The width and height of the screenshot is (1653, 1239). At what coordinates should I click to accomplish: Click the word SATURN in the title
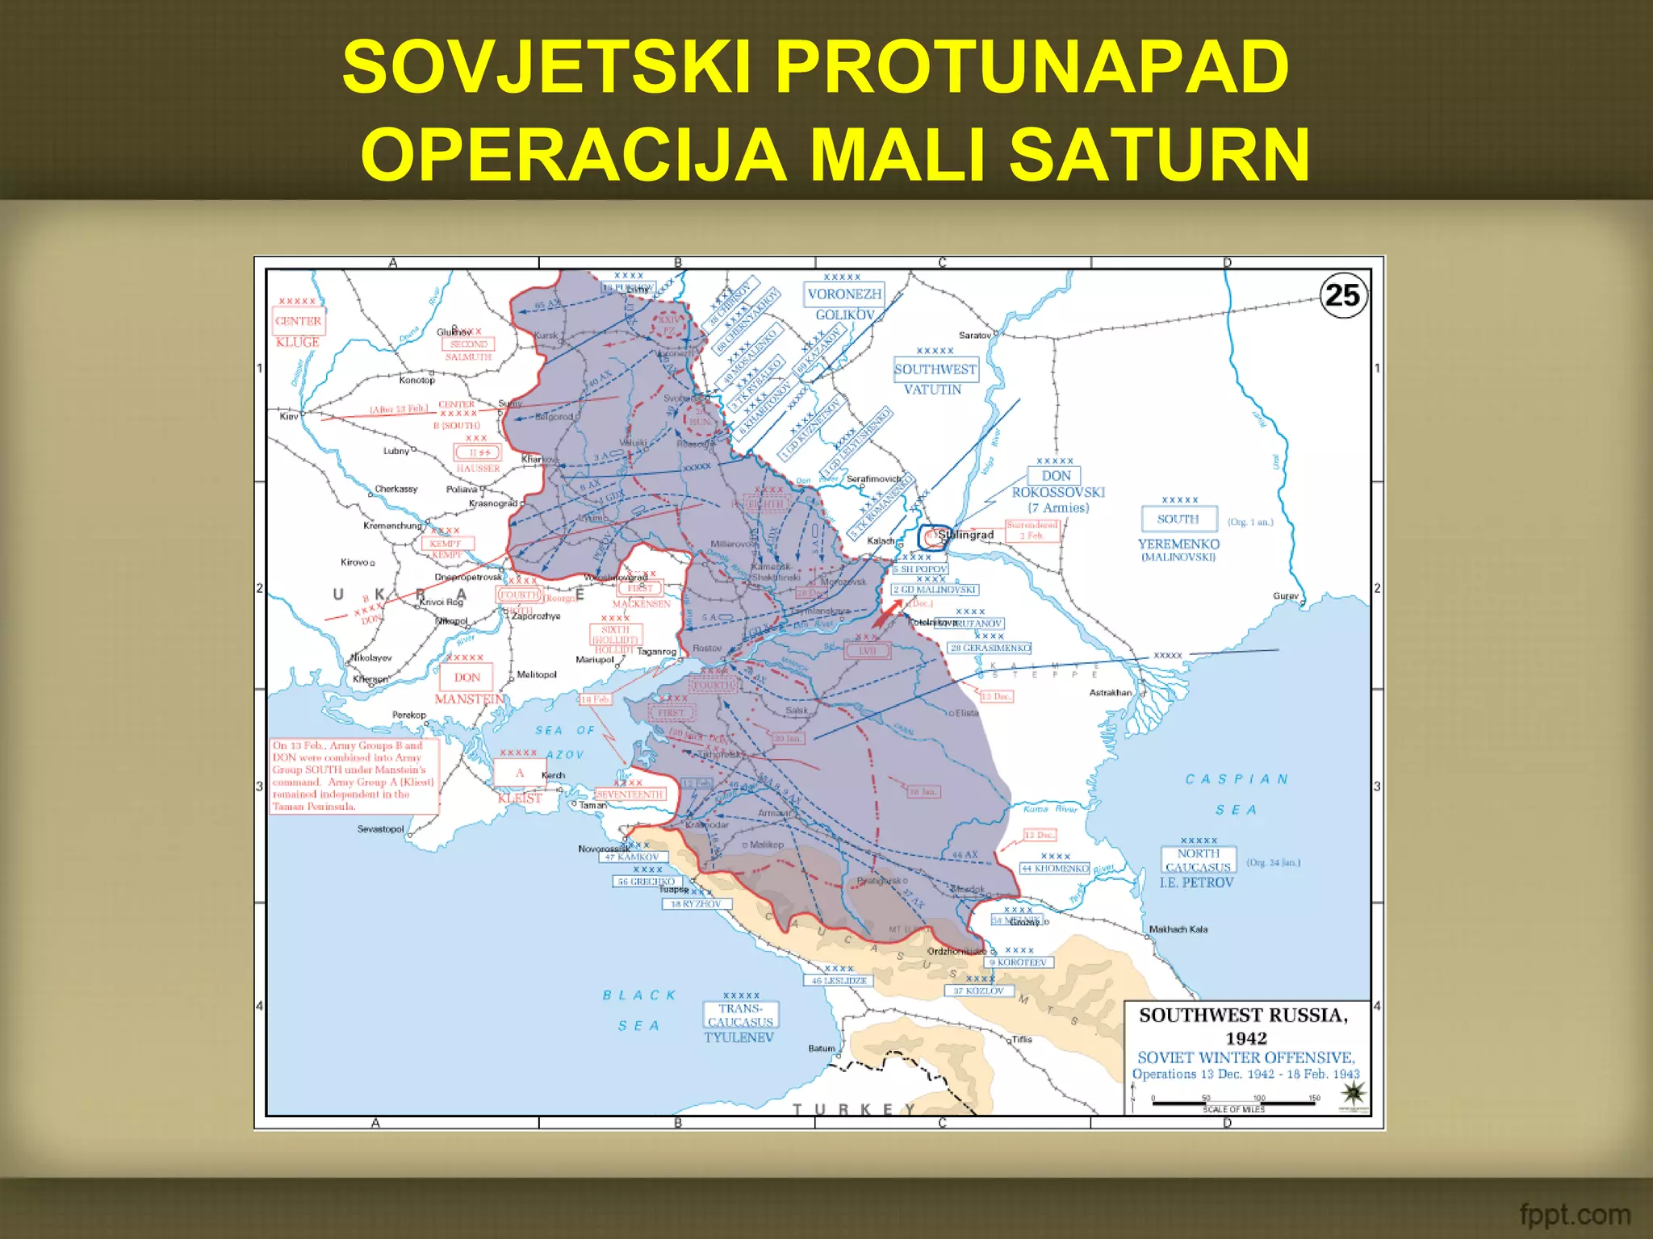click(1159, 155)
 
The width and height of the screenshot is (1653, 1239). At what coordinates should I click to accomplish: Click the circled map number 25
click(1343, 296)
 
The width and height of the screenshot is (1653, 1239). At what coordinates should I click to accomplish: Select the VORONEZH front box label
click(844, 294)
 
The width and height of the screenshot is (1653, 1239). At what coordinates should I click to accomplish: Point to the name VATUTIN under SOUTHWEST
click(932, 390)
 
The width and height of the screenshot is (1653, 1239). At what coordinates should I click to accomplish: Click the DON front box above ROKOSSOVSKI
click(1056, 476)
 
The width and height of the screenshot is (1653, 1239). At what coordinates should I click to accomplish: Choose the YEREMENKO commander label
click(1178, 544)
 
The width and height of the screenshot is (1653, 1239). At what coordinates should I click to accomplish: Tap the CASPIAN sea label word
click(1236, 779)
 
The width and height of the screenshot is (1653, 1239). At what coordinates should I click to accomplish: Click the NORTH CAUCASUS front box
click(1198, 860)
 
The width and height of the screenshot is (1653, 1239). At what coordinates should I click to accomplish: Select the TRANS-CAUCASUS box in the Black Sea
click(740, 1015)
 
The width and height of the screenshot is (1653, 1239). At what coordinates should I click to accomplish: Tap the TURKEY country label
click(854, 1110)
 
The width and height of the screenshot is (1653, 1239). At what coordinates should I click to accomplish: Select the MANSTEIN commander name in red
click(470, 699)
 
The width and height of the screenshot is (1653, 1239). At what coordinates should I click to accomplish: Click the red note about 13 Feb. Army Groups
click(354, 775)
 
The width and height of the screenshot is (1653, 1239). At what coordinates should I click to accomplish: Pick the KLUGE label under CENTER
click(298, 342)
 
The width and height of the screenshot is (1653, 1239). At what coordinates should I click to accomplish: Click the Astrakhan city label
click(1111, 693)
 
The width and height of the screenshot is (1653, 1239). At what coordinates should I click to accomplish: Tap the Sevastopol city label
click(380, 829)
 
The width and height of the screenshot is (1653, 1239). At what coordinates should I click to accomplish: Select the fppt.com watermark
click(1574, 1214)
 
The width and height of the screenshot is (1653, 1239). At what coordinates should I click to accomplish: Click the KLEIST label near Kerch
click(520, 799)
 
